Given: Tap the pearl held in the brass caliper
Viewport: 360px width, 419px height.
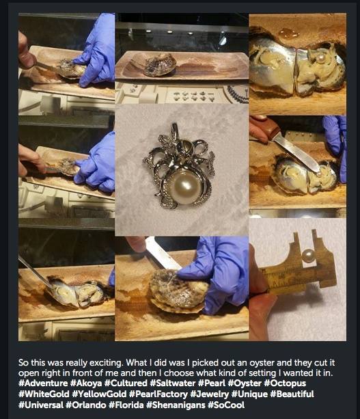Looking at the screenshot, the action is [x=308, y=256].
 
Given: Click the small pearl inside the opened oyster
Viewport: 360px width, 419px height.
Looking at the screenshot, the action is [x=320, y=57].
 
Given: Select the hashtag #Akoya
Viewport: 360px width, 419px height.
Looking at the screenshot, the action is [x=86, y=383].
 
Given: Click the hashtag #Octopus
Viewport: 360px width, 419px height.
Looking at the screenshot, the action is [x=285, y=383].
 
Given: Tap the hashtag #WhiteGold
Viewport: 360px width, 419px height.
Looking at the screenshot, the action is [x=44, y=394].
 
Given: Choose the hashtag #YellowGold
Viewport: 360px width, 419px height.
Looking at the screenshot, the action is [x=99, y=394].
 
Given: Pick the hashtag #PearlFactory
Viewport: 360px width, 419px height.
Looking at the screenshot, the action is [x=158, y=394].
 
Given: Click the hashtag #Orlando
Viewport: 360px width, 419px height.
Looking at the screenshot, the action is [x=85, y=405].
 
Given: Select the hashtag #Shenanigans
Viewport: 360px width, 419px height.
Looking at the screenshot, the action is [x=176, y=405].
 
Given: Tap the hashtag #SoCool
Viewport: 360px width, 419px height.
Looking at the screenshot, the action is [x=226, y=405].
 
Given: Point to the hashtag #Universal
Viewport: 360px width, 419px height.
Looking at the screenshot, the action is [x=41, y=405].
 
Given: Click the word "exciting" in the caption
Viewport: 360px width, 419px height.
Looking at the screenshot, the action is [x=107, y=363].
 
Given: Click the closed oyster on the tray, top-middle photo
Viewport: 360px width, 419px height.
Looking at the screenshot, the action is [x=160, y=65].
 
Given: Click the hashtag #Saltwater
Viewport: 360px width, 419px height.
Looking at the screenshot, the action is [x=173, y=383].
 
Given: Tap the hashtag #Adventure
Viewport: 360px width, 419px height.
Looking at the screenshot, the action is [x=43, y=383].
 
